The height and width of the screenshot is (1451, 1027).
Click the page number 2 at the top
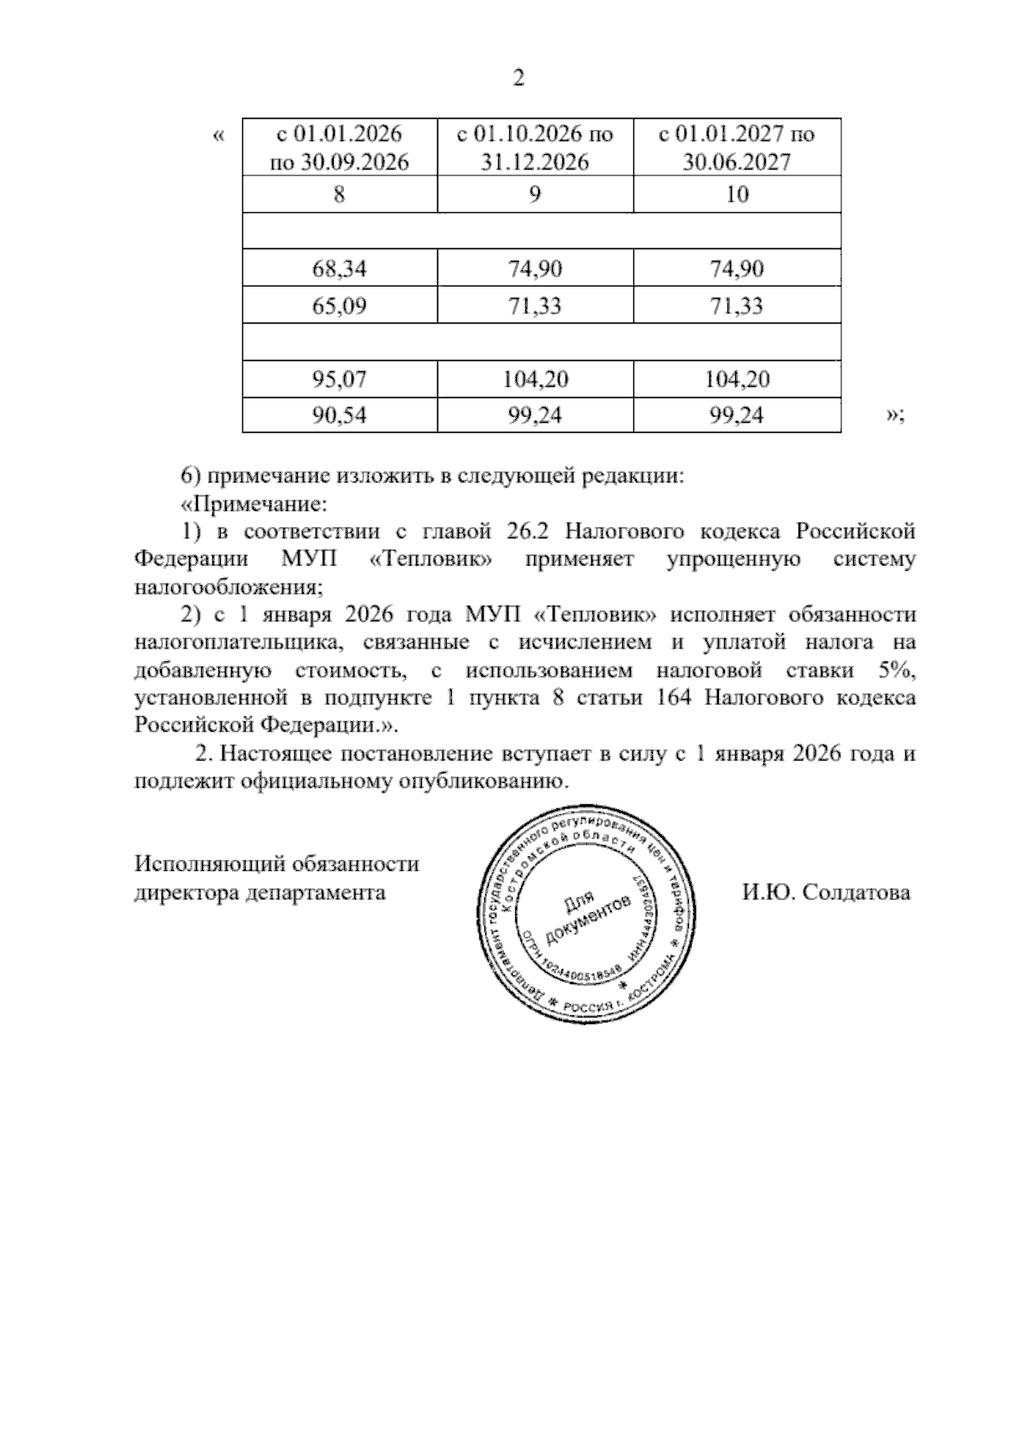pyautogui.click(x=517, y=79)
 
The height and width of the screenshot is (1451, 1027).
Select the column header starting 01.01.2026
pyautogui.click(x=340, y=147)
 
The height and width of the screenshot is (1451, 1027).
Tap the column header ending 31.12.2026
pyautogui.click(x=535, y=147)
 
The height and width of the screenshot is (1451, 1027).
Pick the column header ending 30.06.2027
pyautogui.click(x=737, y=147)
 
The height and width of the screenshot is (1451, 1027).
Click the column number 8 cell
pyautogui.click(x=340, y=194)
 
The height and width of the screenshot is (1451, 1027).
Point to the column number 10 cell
pyautogui.click(x=737, y=194)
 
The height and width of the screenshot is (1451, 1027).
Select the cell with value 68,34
pyautogui.click(x=340, y=269)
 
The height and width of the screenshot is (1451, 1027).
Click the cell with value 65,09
pyautogui.click(x=340, y=305)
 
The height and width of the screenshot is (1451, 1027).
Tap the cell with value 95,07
pyautogui.click(x=340, y=379)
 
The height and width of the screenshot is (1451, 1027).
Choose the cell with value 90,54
pyautogui.click(x=340, y=416)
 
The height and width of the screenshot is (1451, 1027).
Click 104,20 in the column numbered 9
pyautogui.click(x=535, y=379)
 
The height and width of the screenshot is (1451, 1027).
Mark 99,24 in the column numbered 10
pyautogui.click(x=737, y=416)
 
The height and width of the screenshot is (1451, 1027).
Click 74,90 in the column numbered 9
pyautogui.click(x=535, y=269)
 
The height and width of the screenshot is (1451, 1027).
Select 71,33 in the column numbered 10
pyautogui.click(x=737, y=305)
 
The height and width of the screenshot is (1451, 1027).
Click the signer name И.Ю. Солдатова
pyautogui.click(x=826, y=893)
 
